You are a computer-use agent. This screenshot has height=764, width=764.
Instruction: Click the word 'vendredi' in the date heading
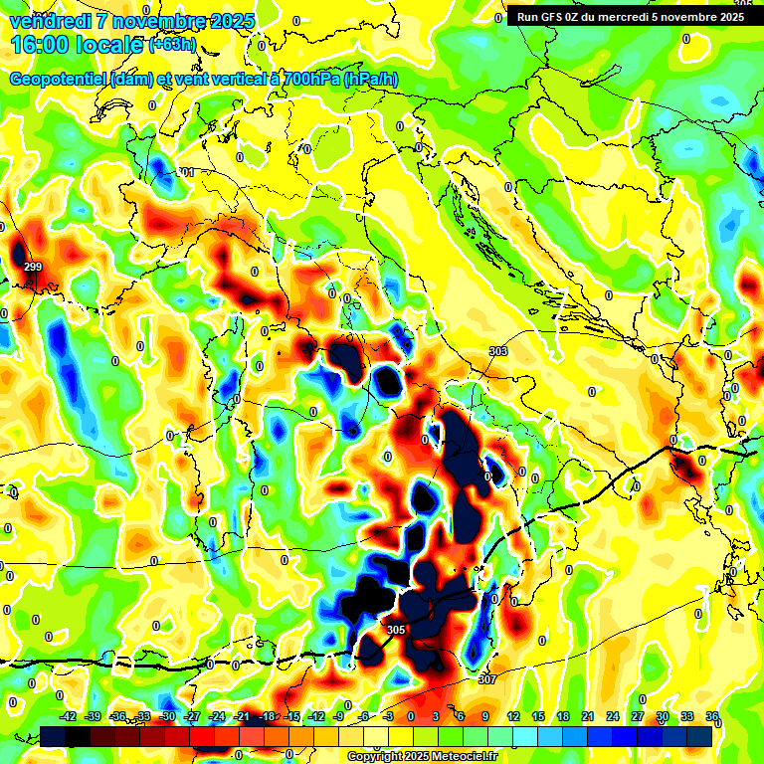coord(48,21)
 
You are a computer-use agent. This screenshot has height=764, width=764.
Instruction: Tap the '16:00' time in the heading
coord(37,45)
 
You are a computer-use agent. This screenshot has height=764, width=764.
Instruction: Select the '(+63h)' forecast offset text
coord(173,45)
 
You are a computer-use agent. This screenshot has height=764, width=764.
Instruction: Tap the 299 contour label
coord(33,267)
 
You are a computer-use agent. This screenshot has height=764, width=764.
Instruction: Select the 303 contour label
coord(498,351)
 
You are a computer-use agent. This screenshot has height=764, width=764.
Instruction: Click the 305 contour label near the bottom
coord(395,630)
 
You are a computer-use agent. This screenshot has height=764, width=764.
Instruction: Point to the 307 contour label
coord(487,679)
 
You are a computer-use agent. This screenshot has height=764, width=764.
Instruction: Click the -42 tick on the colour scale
coord(69,716)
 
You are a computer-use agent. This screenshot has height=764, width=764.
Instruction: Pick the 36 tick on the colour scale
coord(713,716)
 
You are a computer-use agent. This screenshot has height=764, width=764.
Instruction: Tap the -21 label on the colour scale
coord(242,716)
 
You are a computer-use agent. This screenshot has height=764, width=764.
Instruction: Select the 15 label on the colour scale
coord(538,716)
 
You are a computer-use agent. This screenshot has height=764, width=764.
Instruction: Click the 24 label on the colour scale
coord(613,716)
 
